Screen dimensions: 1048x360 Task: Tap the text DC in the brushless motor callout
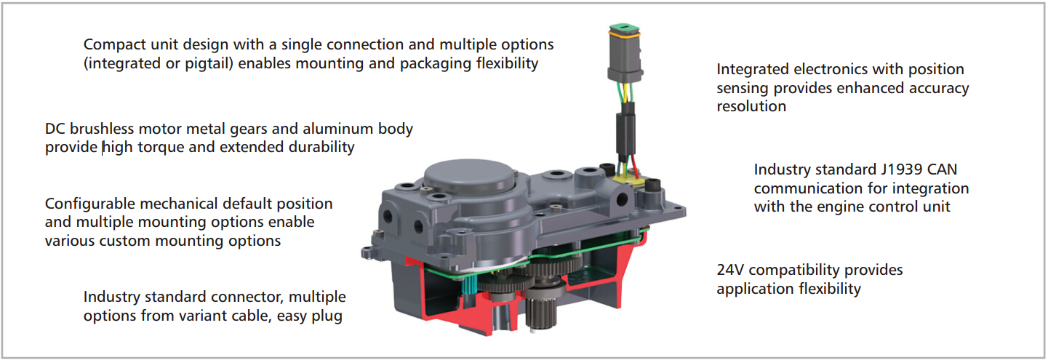click(x=55, y=129)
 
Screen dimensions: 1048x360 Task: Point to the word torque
click(x=161, y=148)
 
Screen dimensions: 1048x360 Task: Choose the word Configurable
click(x=90, y=204)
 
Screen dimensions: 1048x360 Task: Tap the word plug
click(x=327, y=316)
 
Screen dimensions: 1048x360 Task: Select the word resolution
click(x=751, y=107)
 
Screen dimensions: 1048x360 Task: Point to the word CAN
click(x=943, y=169)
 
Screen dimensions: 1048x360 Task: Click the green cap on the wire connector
click(x=624, y=30)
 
